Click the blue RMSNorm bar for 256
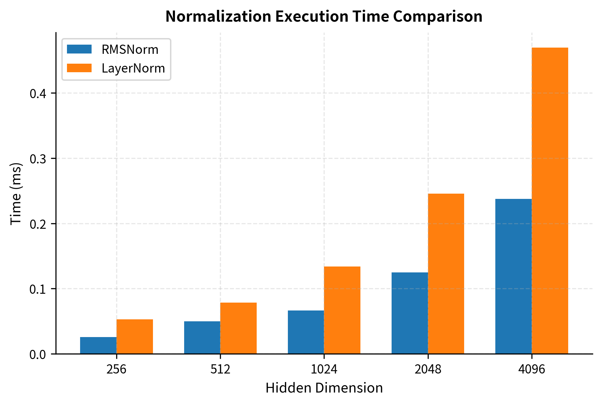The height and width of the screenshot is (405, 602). tap(98, 345)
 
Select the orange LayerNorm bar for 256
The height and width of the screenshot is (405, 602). tap(135, 336)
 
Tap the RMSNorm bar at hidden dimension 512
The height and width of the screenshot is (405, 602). tap(202, 337)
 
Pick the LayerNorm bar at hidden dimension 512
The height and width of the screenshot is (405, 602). tap(238, 328)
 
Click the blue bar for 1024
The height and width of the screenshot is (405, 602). tap(306, 332)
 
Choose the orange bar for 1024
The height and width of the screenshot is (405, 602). tap(342, 310)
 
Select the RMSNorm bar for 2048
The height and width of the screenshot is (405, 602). tap(409, 313)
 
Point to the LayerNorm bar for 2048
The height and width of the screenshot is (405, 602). tap(446, 274)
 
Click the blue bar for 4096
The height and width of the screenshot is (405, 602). tap(513, 276)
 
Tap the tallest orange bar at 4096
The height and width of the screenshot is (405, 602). tap(550, 201)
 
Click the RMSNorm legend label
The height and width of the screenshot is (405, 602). tap(130, 50)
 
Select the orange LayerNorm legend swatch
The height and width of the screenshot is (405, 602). tap(79, 68)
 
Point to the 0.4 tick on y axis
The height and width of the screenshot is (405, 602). tap(39, 94)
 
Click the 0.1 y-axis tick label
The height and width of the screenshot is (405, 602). tap(39, 289)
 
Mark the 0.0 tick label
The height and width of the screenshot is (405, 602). tap(39, 354)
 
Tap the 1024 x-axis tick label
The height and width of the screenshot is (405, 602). tap(324, 370)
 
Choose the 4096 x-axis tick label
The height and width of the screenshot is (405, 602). tap(531, 370)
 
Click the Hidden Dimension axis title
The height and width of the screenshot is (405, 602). tap(324, 388)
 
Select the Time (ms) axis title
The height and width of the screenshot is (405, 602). tap(16, 194)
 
